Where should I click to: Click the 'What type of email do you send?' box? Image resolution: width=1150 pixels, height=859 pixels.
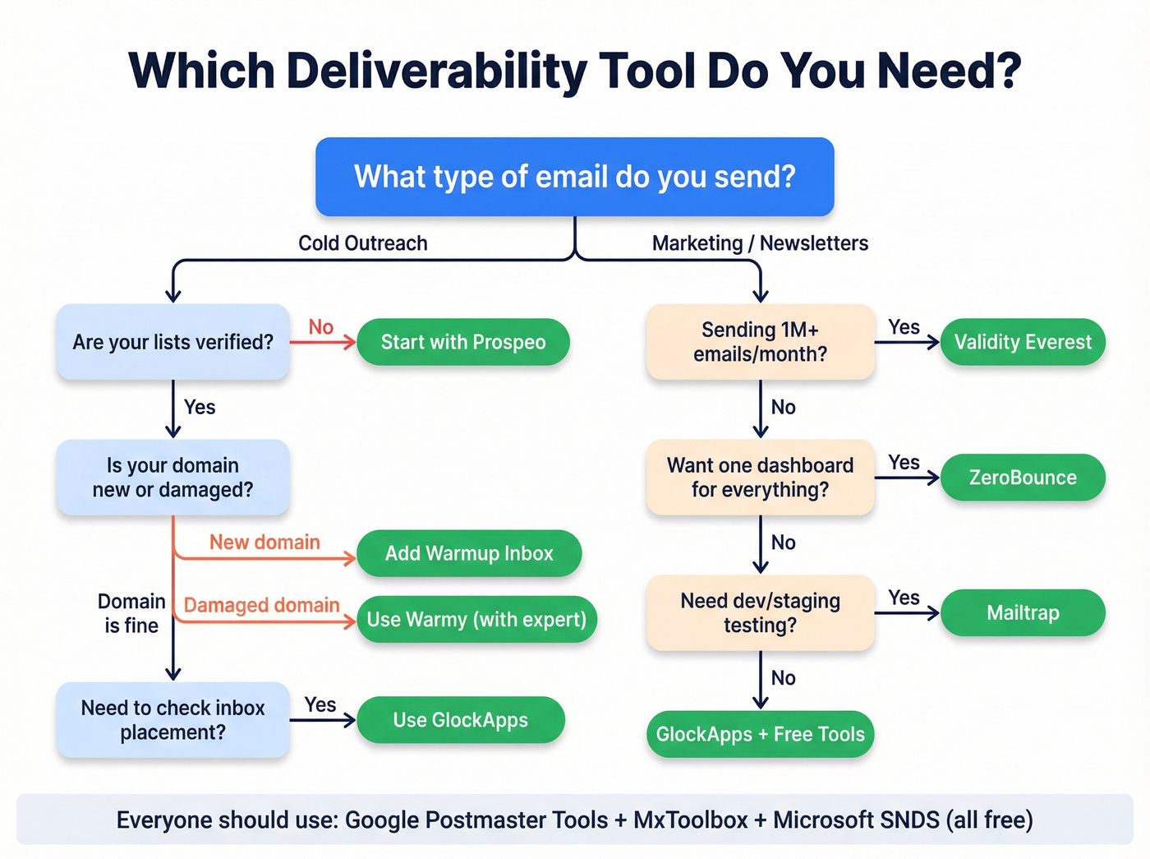(575, 177)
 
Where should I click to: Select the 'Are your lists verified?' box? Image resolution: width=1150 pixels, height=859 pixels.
(172, 342)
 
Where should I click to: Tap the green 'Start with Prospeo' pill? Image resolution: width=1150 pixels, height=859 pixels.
(463, 342)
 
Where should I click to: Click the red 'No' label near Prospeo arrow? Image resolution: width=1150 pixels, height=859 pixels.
(320, 327)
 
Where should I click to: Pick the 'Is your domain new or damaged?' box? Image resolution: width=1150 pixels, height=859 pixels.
(172, 478)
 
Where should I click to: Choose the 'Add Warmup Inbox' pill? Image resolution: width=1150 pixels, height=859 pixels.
(469, 553)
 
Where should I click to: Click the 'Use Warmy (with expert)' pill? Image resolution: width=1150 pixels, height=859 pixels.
(476, 619)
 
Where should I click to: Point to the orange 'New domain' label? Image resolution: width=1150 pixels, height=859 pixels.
(264, 543)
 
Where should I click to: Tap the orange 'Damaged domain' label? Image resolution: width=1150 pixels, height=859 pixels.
(261, 605)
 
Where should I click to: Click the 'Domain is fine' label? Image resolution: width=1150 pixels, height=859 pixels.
(131, 613)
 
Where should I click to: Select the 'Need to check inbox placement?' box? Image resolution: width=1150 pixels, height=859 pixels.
(172, 720)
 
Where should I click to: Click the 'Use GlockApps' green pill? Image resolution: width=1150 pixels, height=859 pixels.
(461, 720)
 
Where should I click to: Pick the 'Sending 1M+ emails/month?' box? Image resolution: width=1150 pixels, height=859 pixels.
(760, 342)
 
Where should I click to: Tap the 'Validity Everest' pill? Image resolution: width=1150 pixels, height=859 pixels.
(1023, 342)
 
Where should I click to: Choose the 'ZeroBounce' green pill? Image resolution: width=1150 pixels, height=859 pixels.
(1023, 478)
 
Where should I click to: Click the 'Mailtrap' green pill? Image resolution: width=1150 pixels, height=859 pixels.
(1023, 612)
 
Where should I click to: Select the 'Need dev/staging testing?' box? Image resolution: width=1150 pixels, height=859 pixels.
(760, 612)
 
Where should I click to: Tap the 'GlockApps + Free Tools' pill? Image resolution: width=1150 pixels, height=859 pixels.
(760, 734)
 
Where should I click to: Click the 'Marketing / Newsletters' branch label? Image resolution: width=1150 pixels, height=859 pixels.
(760, 243)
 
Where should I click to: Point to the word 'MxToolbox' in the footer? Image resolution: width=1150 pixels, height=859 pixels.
(690, 820)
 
